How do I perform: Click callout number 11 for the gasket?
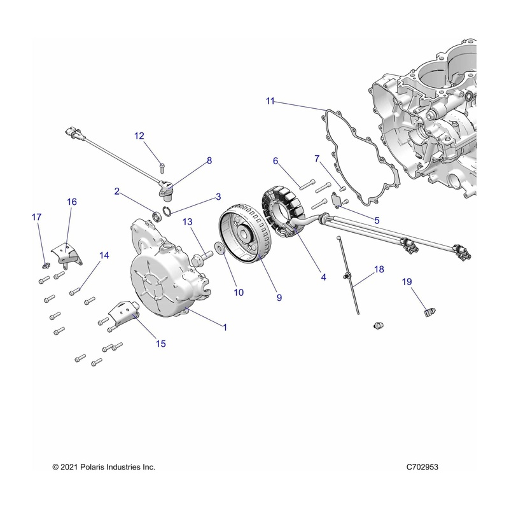click(270, 101)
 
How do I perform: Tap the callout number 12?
click(139, 136)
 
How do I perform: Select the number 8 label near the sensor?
click(209, 161)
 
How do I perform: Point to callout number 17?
click(36, 218)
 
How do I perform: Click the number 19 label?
click(407, 281)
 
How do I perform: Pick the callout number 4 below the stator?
click(323, 277)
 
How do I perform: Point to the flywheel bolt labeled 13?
click(204, 256)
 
